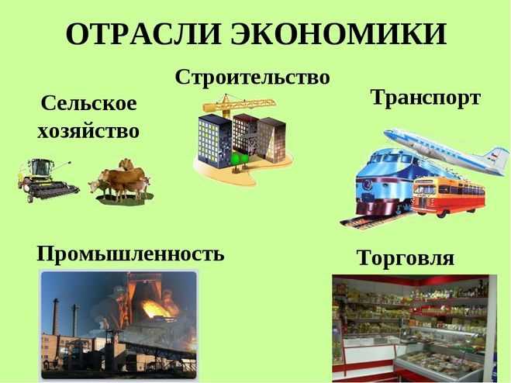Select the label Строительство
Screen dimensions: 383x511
pos(253,77)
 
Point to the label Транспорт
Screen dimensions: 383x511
pos(426,98)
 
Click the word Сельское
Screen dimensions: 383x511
pos(88,103)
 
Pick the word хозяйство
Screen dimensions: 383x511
pos(88,129)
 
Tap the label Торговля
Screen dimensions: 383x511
pos(405,257)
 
